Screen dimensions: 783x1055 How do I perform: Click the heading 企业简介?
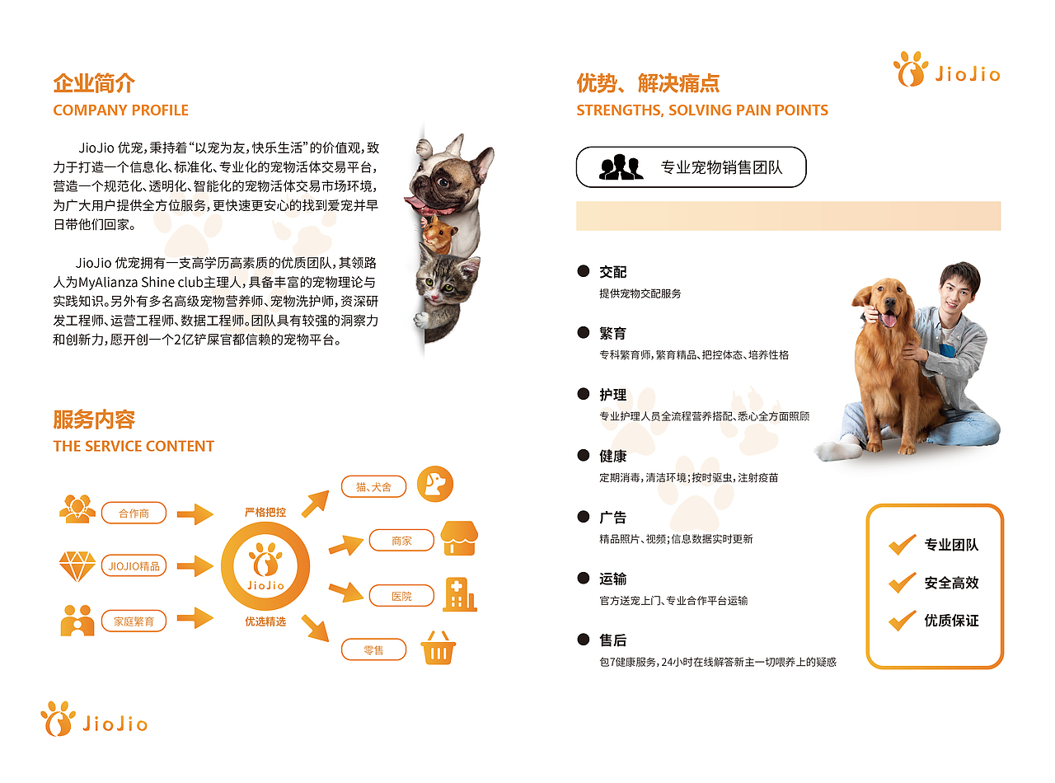click(x=94, y=83)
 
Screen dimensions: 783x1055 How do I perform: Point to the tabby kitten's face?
click(x=445, y=283)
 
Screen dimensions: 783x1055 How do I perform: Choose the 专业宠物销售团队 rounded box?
click(x=691, y=167)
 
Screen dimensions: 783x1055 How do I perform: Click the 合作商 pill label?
click(x=134, y=513)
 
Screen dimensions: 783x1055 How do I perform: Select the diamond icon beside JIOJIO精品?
click(x=77, y=566)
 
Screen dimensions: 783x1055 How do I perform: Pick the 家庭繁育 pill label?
click(x=134, y=621)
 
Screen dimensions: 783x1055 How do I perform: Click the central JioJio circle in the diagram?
click(x=265, y=566)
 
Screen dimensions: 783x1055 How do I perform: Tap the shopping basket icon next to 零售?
click(x=438, y=649)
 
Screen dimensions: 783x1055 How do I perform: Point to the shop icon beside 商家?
click(x=459, y=538)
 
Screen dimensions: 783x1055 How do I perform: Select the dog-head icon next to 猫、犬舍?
click(x=434, y=484)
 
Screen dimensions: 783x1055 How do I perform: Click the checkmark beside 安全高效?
click(x=902, y=583)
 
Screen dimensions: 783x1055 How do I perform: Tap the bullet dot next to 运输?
click(x=584, y=579)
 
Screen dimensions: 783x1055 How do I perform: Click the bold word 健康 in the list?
click(x=613, y=456)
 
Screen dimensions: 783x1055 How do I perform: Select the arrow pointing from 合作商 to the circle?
click(x=195, y=514)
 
